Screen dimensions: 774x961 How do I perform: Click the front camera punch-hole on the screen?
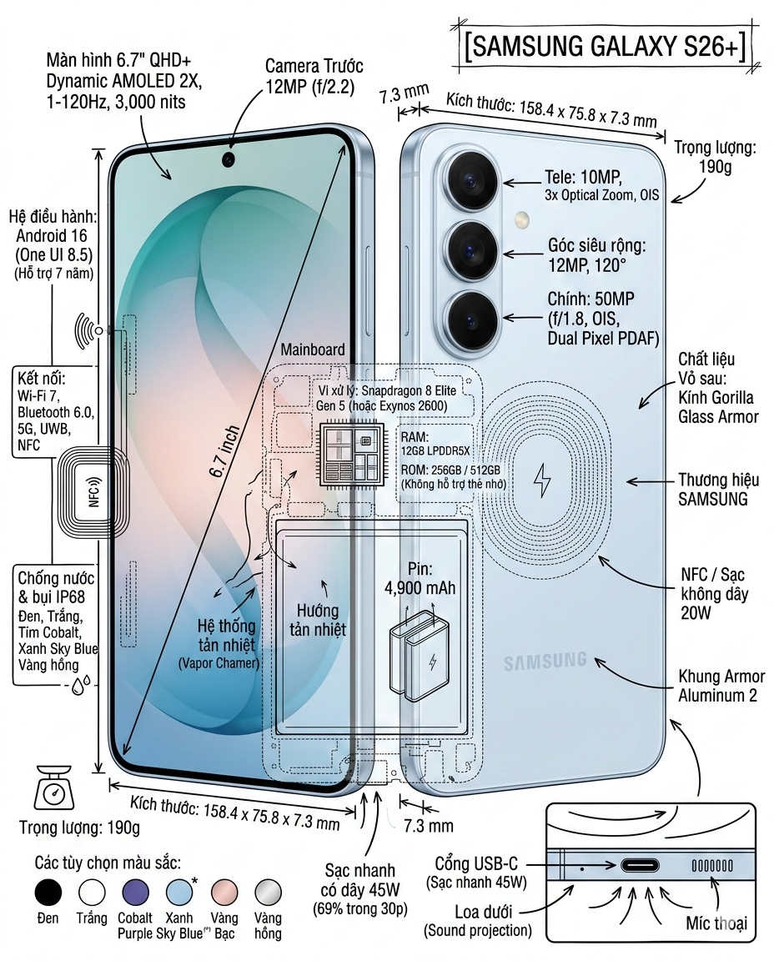click(x=229, y=160)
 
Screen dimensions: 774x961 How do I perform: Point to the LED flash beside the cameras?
click(x=522, y=219)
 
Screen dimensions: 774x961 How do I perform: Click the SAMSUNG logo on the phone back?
click(x=545, y=662)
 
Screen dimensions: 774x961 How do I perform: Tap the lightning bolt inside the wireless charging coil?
click(x=542, y=480)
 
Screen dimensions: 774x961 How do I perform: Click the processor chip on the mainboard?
click(x=352, y=454)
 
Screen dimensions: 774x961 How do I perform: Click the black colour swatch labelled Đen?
click(x=48, y=892)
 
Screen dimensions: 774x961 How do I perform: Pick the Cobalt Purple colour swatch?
click(x=135, y=892)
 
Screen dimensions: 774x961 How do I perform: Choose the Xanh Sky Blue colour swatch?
click(x=179, y=892)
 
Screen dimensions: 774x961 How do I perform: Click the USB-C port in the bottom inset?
click(x=640, y=865)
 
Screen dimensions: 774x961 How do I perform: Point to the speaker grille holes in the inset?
click(x=712, y=865)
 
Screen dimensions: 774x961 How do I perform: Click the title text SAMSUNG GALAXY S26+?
click(x=606, y=47)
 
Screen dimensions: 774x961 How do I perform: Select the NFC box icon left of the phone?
click(x=93, y=492)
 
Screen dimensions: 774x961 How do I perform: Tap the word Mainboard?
click(x=313, y=350)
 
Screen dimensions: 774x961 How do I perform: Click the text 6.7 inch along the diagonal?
click(x=224, y=451)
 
